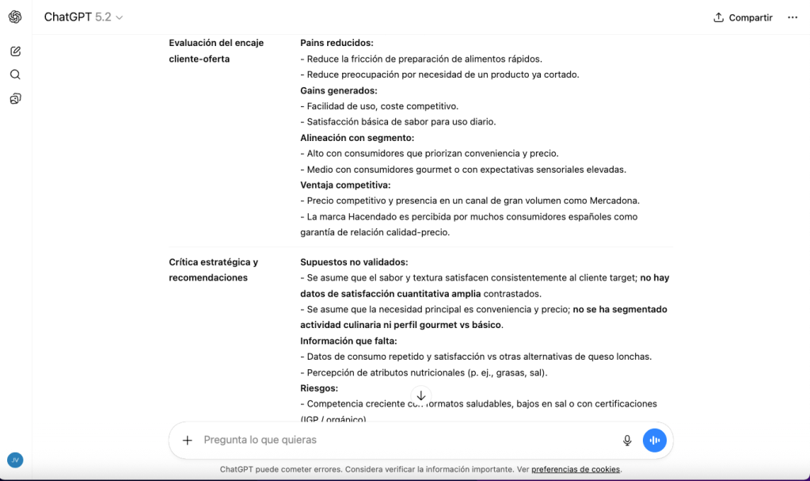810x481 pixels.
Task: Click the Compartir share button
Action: [x=743, y=17]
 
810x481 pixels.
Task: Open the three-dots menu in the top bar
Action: [x=792, y=17]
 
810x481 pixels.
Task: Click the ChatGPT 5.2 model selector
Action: [x=83, y=17]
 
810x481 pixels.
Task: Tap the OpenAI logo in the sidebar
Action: [x=15, y=17]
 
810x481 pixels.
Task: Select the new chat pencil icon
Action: [x=15, y=52]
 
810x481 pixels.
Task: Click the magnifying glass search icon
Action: [x=15, y=74]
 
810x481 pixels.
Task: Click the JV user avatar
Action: [x=15, y=460]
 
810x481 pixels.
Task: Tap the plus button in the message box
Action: [x=188, y=441]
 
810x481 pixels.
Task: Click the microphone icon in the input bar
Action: [x=627, y=441]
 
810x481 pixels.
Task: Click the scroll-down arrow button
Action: [x=421, y=395]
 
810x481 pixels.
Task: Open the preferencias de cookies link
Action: [x=576, y=469]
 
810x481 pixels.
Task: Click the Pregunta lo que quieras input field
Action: [x=396, y=440]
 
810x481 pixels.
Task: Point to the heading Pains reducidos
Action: [x=337, y=43]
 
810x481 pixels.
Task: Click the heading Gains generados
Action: [x=338, y=90]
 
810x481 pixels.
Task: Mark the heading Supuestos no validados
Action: [x=353, y=262]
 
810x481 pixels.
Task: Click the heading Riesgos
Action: [x=319, y=388]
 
